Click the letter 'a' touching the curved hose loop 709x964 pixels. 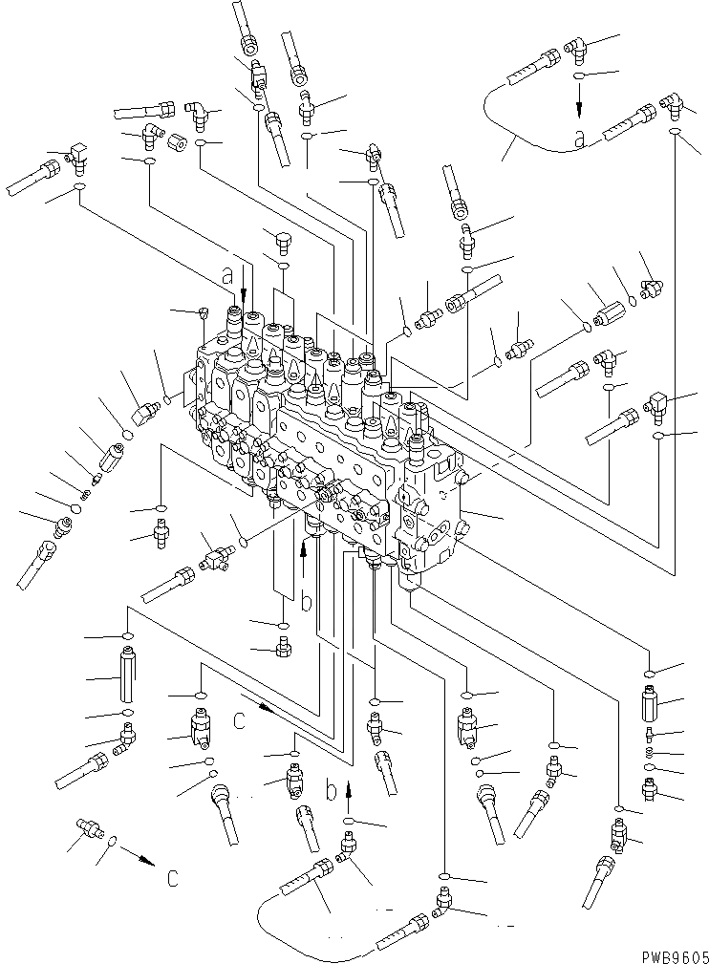[x=580, y=139]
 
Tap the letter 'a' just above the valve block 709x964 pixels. [x=226, y=276]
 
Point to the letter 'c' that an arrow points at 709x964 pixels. [x=172, y=878]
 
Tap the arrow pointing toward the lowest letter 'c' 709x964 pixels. [x=140, y=860]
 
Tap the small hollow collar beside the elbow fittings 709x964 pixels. [x=178, y=143]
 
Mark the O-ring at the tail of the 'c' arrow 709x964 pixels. [x=113, y=842]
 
